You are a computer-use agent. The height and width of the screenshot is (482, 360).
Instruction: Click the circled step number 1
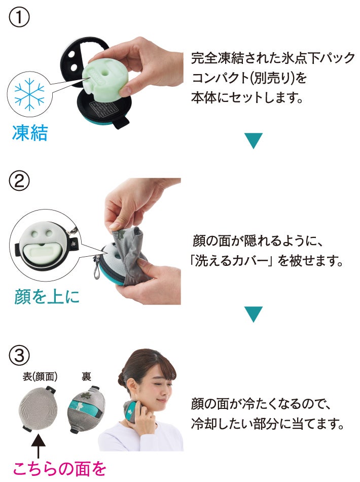click(x=19, y=17)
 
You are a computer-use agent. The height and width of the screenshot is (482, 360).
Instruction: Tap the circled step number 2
click(x=19, y=181)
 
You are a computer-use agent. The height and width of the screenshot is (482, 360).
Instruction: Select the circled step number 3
click(x=19, y=356)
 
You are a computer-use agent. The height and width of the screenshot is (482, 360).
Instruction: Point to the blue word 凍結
click(x=30, y=133)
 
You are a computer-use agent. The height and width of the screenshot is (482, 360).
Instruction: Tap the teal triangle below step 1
click(x=254, y=141)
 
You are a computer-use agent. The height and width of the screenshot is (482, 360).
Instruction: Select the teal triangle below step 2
click(x=254, y=314)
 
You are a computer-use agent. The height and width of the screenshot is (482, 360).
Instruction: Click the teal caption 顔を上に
click(x=47, y=297)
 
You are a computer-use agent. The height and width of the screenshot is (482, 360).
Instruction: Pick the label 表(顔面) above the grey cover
click(x=40, y=376)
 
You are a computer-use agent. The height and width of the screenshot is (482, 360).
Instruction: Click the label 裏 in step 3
click(x=86, y=376)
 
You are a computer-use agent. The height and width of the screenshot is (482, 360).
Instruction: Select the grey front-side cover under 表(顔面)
click(x=38, y=408)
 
